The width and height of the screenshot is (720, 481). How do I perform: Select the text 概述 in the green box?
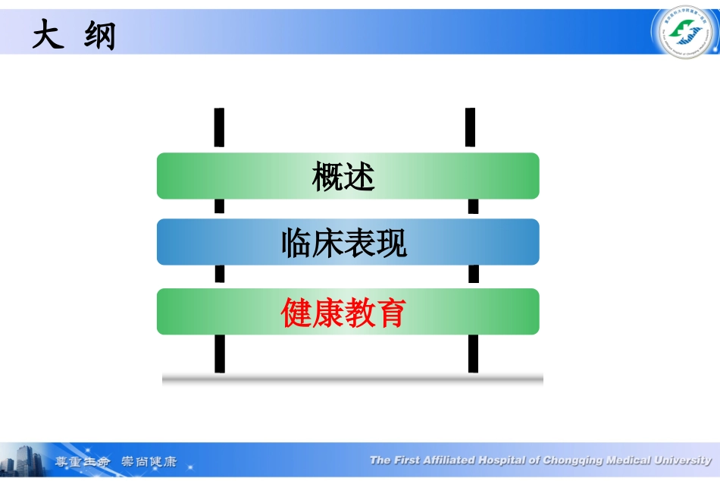pos(343,177)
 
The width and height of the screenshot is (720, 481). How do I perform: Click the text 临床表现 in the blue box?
pos(343,244)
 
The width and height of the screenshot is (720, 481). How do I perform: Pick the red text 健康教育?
pos(343,312)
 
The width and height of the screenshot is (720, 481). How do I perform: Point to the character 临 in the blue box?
pos(296,244)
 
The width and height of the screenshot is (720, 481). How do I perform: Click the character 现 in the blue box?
pos(392,244)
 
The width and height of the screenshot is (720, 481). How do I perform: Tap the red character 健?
pos(296,312)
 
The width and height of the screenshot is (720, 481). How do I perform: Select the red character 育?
pos(391,312)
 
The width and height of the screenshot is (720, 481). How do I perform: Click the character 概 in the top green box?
pos(327,177)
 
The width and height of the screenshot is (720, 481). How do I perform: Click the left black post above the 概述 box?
pos(219,127)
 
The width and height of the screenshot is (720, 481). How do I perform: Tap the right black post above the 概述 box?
pos(471,127)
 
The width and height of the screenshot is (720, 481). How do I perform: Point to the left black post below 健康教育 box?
pos(220,354)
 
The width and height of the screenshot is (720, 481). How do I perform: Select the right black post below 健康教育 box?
pos(473,354)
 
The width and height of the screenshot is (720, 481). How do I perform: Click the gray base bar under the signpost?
pos(352,379)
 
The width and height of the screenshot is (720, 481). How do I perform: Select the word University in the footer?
pos(681,460)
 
